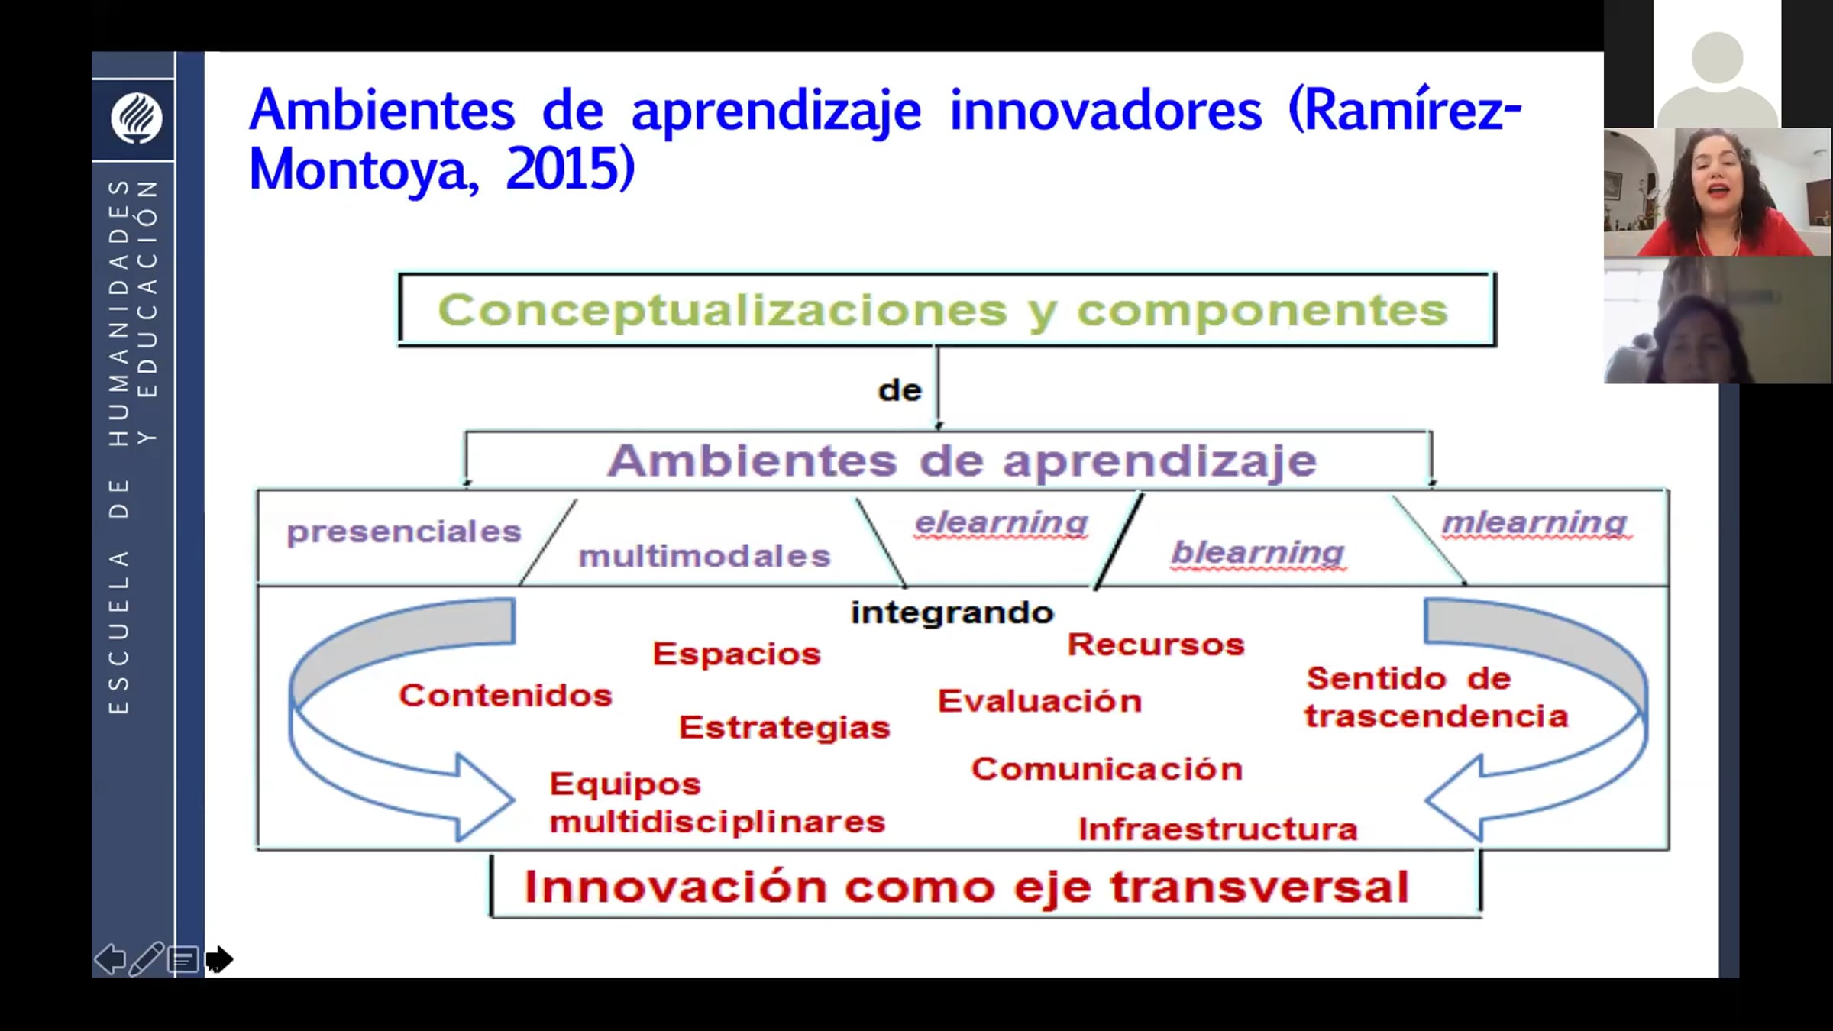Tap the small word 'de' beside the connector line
pos(900,391)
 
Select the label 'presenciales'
pos(404,532)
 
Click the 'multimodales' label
pos(704,556)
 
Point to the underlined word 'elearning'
pos(1001,524)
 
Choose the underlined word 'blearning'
pos(1258,553)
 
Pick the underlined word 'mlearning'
pos(1534,523)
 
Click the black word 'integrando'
pos(952,613)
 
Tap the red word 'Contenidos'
pos(506,695)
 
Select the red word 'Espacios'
pos(737,654)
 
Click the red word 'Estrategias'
pos(784,727)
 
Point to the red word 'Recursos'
pos(1156,645)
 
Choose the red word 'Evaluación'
pos(1040,700)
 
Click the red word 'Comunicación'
pos(1107,768)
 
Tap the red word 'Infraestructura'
pos(1217,829)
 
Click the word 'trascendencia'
pos(1436,716)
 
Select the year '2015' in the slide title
pos(570,169)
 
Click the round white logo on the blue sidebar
pos(137,118)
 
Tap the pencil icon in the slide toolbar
pos(146,959)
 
